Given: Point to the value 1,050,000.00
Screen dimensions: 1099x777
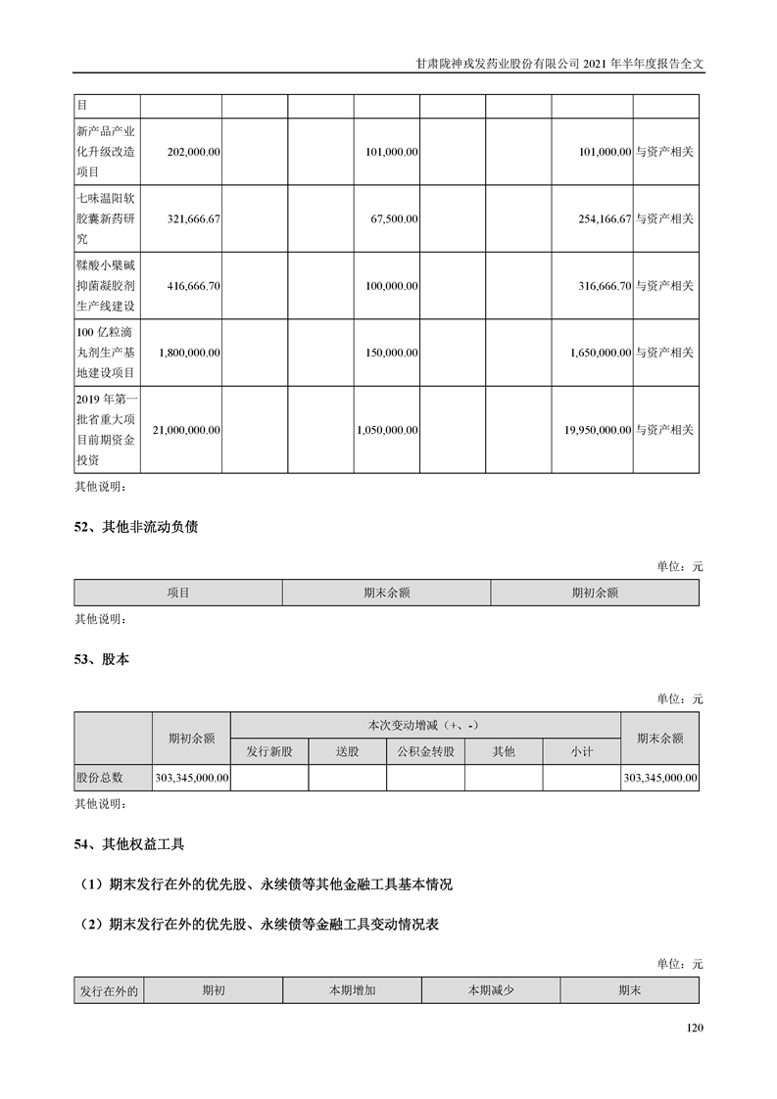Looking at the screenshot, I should [x=388, y=429].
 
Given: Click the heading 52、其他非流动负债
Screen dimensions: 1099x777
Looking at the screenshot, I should [x=136, y=526].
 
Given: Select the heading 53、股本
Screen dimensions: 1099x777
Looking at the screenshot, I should [x=102, y=659].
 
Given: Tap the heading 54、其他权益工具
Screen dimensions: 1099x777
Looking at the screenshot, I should [x=129, y=842].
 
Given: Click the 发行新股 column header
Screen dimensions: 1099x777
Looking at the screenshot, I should [x=269, y=751].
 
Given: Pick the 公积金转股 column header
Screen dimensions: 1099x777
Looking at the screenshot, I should [x=425, y=751].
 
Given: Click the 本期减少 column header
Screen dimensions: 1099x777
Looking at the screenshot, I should [x=491, y=990].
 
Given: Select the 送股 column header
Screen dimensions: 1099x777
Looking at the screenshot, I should [x=348, y=751].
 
